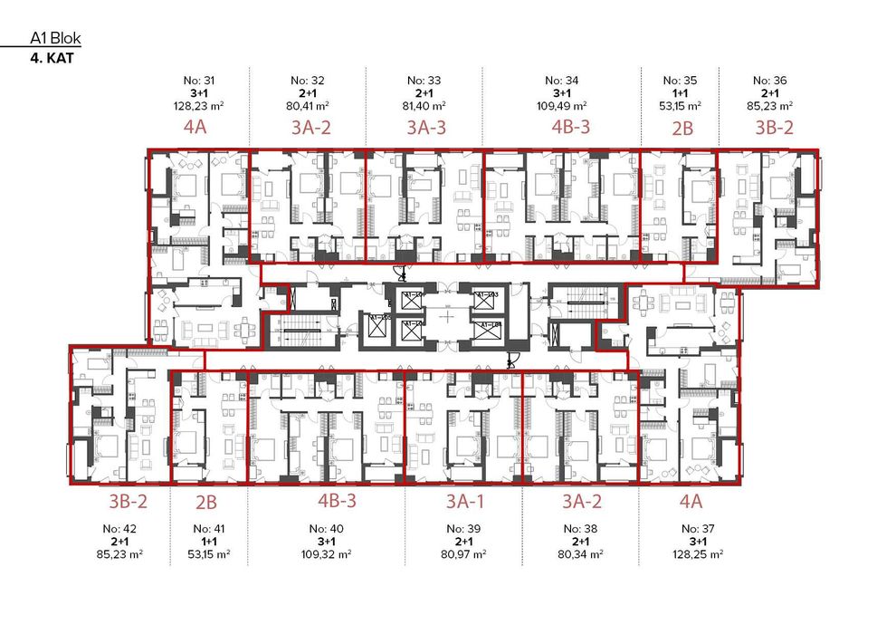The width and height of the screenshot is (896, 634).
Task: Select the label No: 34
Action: coord(562,80)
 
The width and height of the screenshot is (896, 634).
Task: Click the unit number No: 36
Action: coord(770,80)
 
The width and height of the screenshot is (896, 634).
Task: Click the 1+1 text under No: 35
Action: coord(680,91)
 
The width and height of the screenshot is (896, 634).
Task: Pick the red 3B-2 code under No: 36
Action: coord(774,127)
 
